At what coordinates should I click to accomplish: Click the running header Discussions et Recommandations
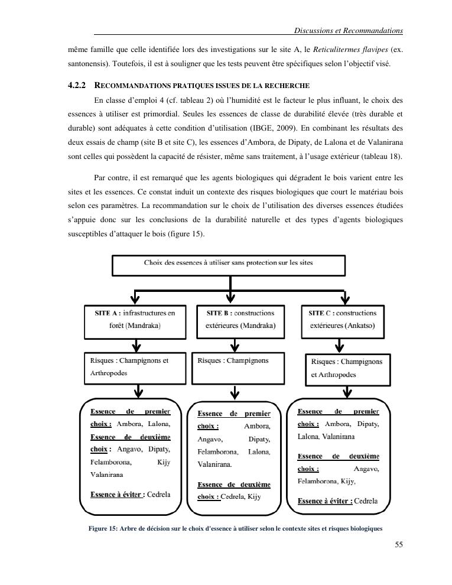click(x=349, y=30)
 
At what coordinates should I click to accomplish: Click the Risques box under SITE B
click(x=239, y=366)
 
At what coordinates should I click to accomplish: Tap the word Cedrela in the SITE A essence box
click(x=158, y=495)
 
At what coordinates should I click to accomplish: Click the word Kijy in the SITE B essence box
click(x=253, y=496)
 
